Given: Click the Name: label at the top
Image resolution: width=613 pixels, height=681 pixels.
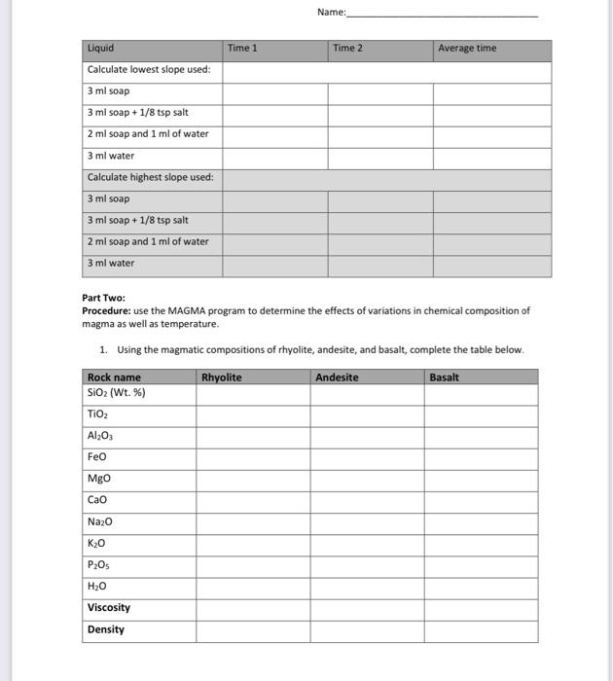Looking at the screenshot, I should point(331,13).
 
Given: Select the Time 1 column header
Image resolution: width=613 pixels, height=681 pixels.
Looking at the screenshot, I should point(242,49).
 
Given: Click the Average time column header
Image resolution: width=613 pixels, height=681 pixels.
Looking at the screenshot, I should point(466,49).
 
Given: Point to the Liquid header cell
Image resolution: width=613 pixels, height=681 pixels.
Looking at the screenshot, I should point(101,49).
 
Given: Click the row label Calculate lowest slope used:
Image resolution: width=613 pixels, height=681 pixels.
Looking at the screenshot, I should point(149,70).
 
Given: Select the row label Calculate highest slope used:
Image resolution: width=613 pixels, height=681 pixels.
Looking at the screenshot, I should point(150,177).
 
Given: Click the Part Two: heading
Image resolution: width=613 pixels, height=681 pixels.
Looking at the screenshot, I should point(104,299).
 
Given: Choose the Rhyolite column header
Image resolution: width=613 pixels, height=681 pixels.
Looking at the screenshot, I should point(221,377).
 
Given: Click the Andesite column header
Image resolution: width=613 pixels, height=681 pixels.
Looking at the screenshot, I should point(336,377).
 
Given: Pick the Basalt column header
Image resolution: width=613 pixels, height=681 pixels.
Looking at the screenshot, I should point(444,377).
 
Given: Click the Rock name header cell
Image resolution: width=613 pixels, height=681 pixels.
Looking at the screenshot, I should point(114,377).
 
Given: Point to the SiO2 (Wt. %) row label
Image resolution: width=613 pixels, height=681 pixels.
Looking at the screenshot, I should point(116,392).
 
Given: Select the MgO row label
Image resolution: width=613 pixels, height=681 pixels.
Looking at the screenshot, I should point(99,479).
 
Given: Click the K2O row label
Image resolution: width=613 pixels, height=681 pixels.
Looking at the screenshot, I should point(97,543).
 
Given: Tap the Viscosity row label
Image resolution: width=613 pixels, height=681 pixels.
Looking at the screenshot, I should point(109,608).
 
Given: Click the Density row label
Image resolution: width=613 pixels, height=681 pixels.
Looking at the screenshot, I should point(106,629).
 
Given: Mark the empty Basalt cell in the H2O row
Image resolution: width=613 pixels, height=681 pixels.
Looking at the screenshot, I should point(481,587).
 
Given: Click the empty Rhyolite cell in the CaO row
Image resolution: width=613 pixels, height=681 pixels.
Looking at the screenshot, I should point(253,500).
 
